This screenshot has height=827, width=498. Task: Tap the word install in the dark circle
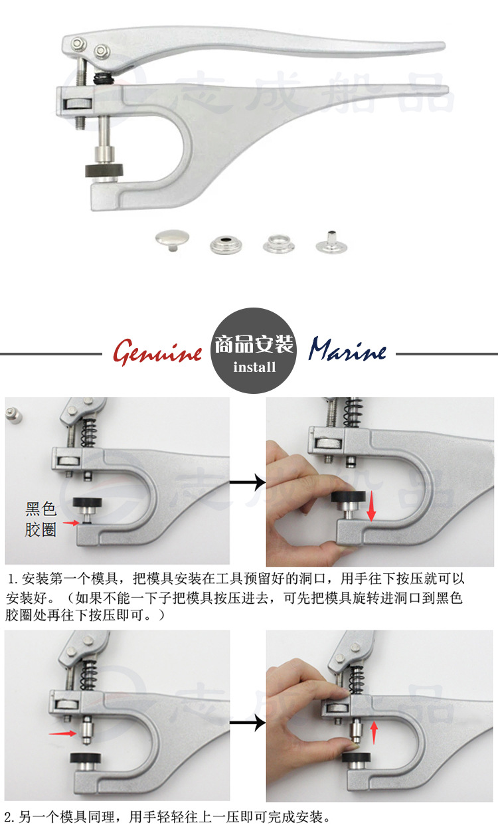click(254, 367)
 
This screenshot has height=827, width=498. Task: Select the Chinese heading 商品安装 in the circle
click(254, 345)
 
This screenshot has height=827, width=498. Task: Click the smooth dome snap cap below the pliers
click(169, 240)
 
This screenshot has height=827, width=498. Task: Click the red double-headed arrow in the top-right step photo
click(371, 507)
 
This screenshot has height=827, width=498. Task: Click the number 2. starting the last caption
click(9, 816)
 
